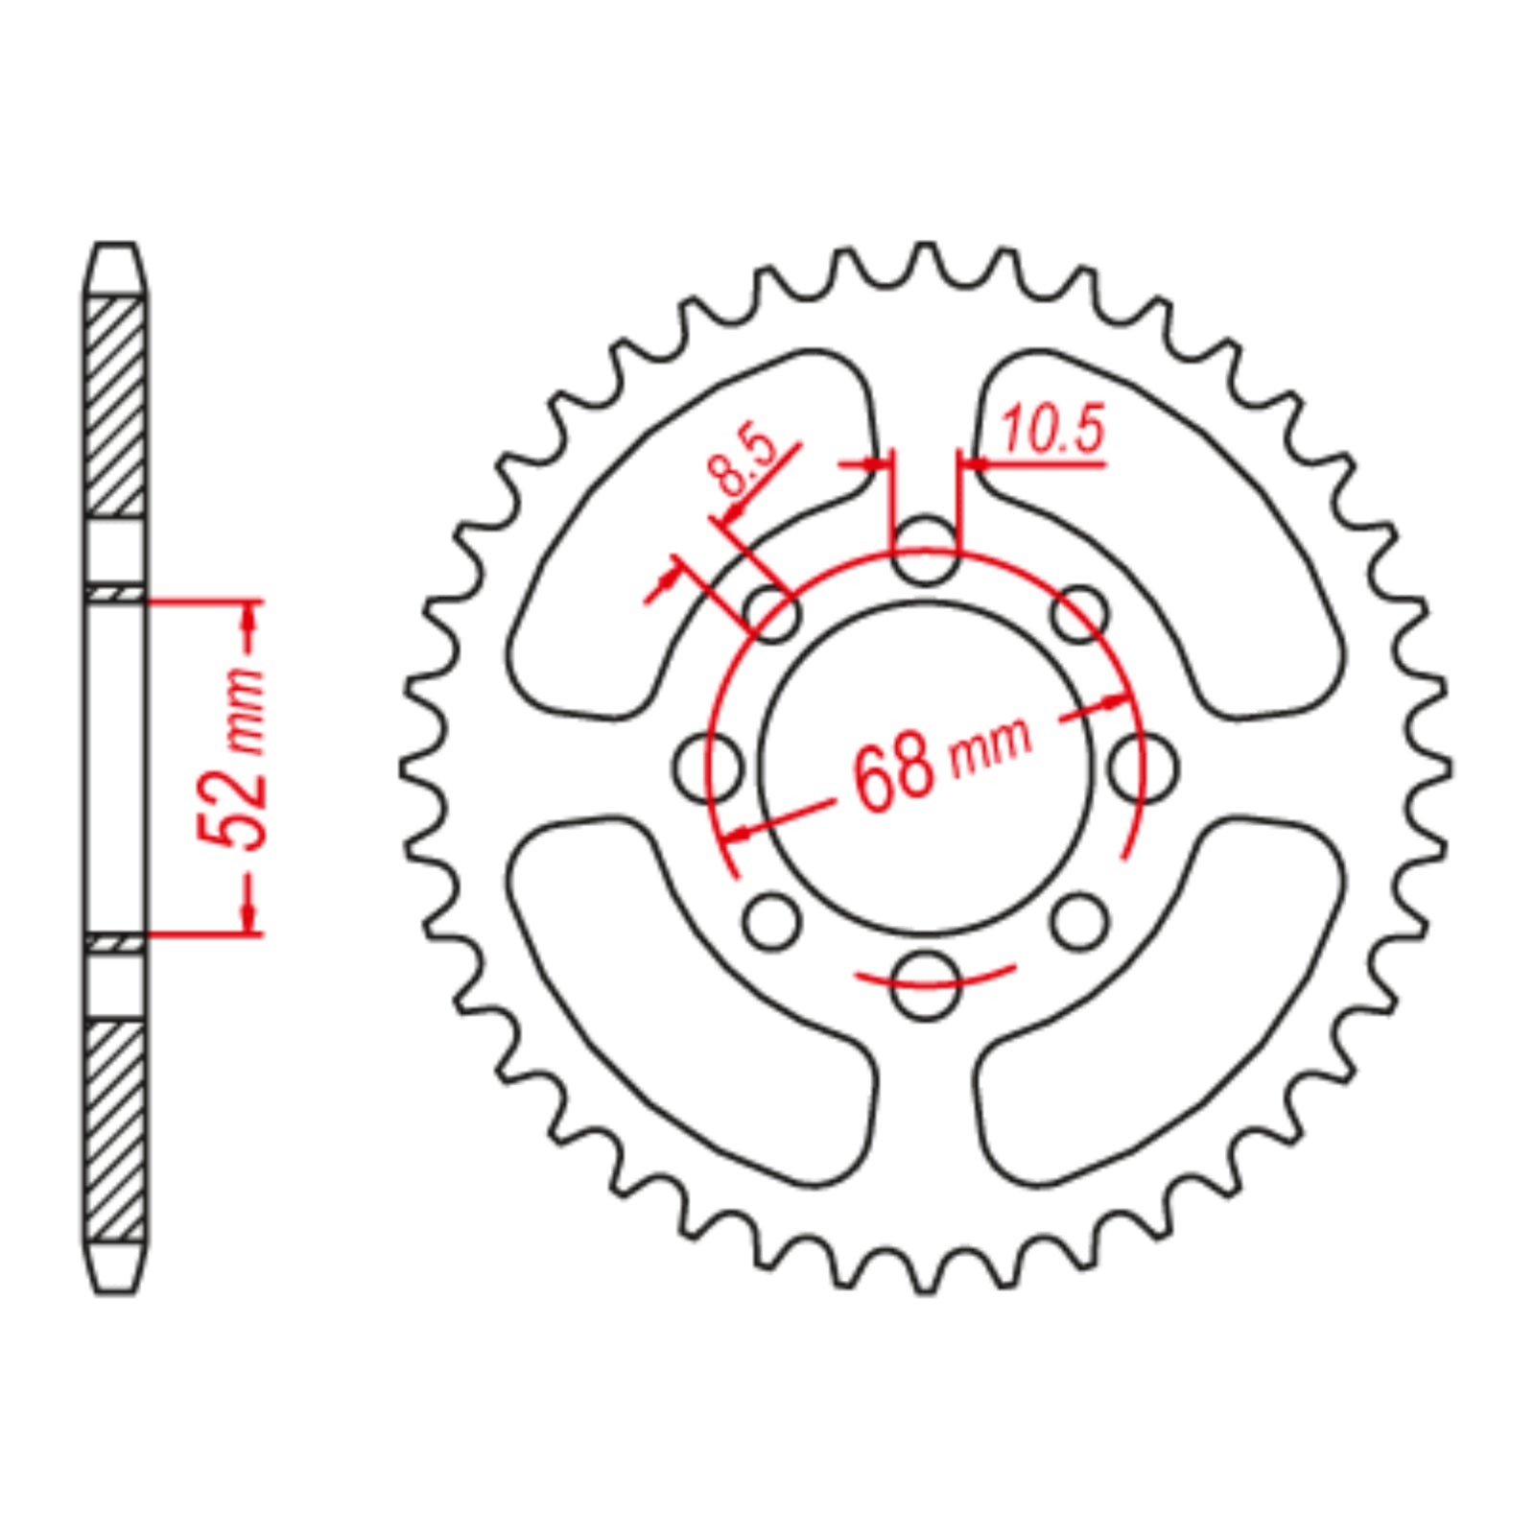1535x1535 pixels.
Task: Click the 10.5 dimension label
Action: (1052, 431)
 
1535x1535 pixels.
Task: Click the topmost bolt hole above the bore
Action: (925, 550)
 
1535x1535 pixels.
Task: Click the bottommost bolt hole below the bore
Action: (925, 984)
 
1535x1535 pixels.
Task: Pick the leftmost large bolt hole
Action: (708, 767)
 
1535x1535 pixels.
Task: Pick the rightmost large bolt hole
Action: (1144, 767)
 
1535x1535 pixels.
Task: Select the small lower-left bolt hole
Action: (771, 921)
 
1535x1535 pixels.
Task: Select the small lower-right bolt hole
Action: (1079, 921)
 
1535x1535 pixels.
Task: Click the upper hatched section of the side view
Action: (115, 408)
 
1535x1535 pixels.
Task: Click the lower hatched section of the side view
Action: (115, 1132)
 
